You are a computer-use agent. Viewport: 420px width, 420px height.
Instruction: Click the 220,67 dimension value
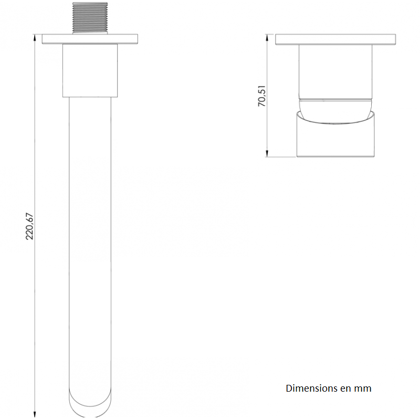[30, 226]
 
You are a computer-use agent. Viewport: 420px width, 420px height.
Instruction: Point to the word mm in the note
[363, 388]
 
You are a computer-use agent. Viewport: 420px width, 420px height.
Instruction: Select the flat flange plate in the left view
[89, 39]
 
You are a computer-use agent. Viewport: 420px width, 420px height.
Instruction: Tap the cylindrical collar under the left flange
[89, 70]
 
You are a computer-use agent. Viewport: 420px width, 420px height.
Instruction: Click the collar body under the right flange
[336, 71]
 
